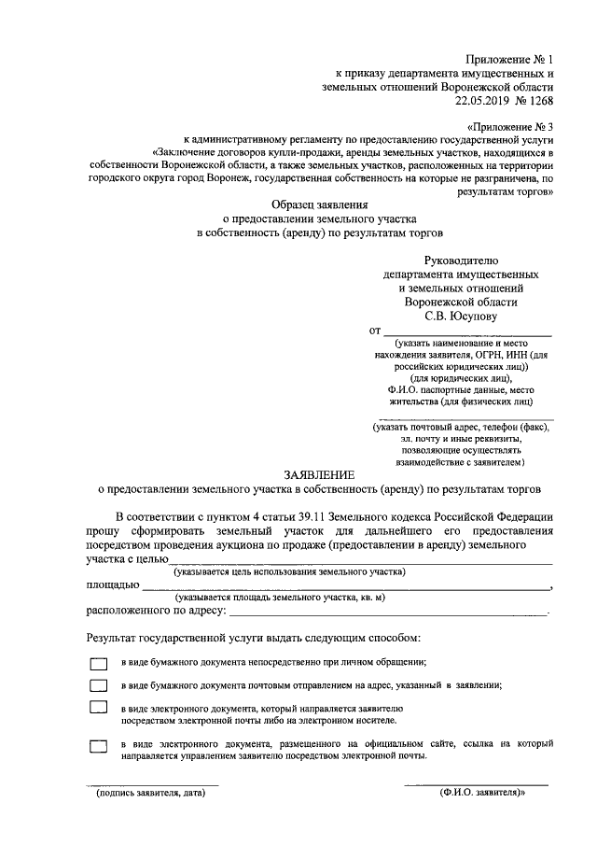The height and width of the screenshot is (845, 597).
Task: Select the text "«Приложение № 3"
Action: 508,125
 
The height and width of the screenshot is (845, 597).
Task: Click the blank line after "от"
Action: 468,333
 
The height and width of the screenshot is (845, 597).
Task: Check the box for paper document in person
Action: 99,663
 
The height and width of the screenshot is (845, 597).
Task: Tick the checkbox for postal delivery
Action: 99,685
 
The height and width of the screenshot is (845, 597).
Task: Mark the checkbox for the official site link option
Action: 99,746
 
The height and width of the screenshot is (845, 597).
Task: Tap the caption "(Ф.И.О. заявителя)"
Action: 482,793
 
